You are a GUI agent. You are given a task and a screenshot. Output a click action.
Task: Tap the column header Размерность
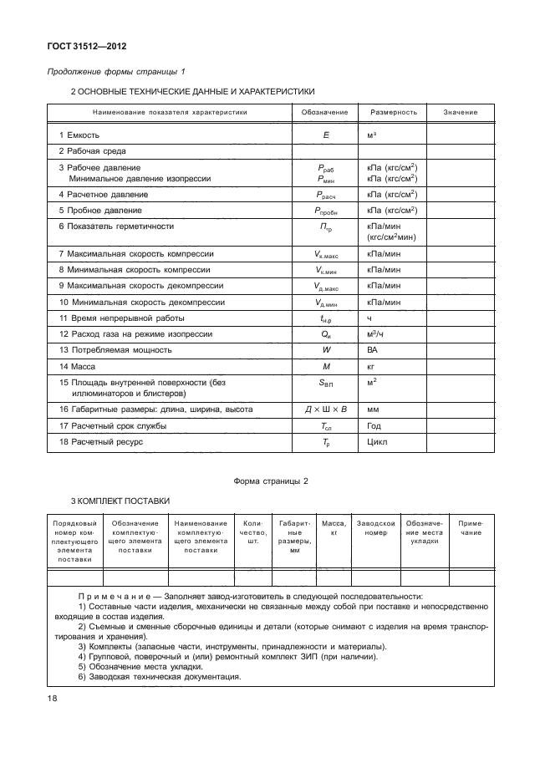tap(387, 112)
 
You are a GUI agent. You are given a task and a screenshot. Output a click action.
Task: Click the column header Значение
tap(460, 112)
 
